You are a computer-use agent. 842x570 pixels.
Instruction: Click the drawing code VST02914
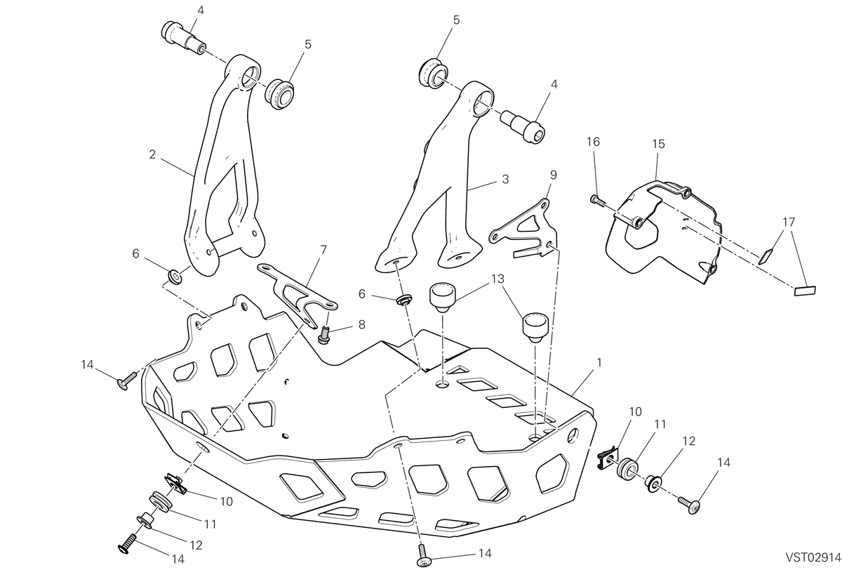[x=813, y=557]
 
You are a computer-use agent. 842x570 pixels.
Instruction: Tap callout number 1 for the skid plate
[x=599, y=362]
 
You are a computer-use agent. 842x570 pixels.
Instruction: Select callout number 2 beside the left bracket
[x=152, y=154]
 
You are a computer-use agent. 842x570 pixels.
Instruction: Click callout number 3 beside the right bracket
[x=505, y=179]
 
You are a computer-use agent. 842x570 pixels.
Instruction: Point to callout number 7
[x=323, y=250]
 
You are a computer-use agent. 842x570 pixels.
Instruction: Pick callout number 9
[x=553, y=175]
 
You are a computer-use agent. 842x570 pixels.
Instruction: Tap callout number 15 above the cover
[x=659, y=144]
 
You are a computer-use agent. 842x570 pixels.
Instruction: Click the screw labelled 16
[x=597, y=200]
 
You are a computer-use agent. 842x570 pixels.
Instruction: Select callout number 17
[x=789, y=222]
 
